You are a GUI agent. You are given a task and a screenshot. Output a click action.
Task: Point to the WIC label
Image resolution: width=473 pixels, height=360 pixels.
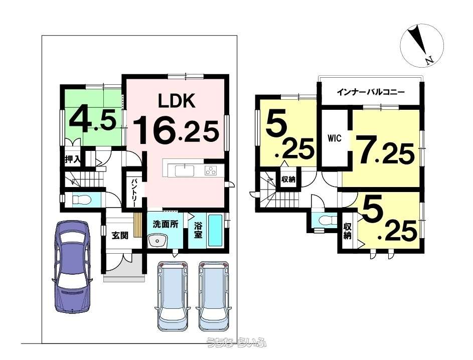[x=335, y=139]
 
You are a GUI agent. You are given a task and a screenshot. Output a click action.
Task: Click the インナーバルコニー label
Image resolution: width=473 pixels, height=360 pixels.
[x=370, y=92]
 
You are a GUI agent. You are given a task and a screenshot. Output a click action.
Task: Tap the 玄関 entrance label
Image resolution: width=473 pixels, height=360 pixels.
[x=119, y=235]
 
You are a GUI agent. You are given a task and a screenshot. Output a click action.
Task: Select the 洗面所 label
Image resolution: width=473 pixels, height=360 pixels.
[x=166, y=225]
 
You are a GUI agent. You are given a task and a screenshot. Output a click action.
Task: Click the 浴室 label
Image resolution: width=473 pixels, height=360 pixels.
[x=198, y=230]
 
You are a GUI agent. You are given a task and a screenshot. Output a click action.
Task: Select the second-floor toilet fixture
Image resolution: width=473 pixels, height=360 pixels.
[x=326, y=220]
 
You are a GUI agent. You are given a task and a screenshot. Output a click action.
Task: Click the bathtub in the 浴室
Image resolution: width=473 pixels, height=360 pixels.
[x=215, y=231]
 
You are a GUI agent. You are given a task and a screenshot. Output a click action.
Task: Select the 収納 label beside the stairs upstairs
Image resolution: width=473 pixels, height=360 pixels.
[x=288, y=179]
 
